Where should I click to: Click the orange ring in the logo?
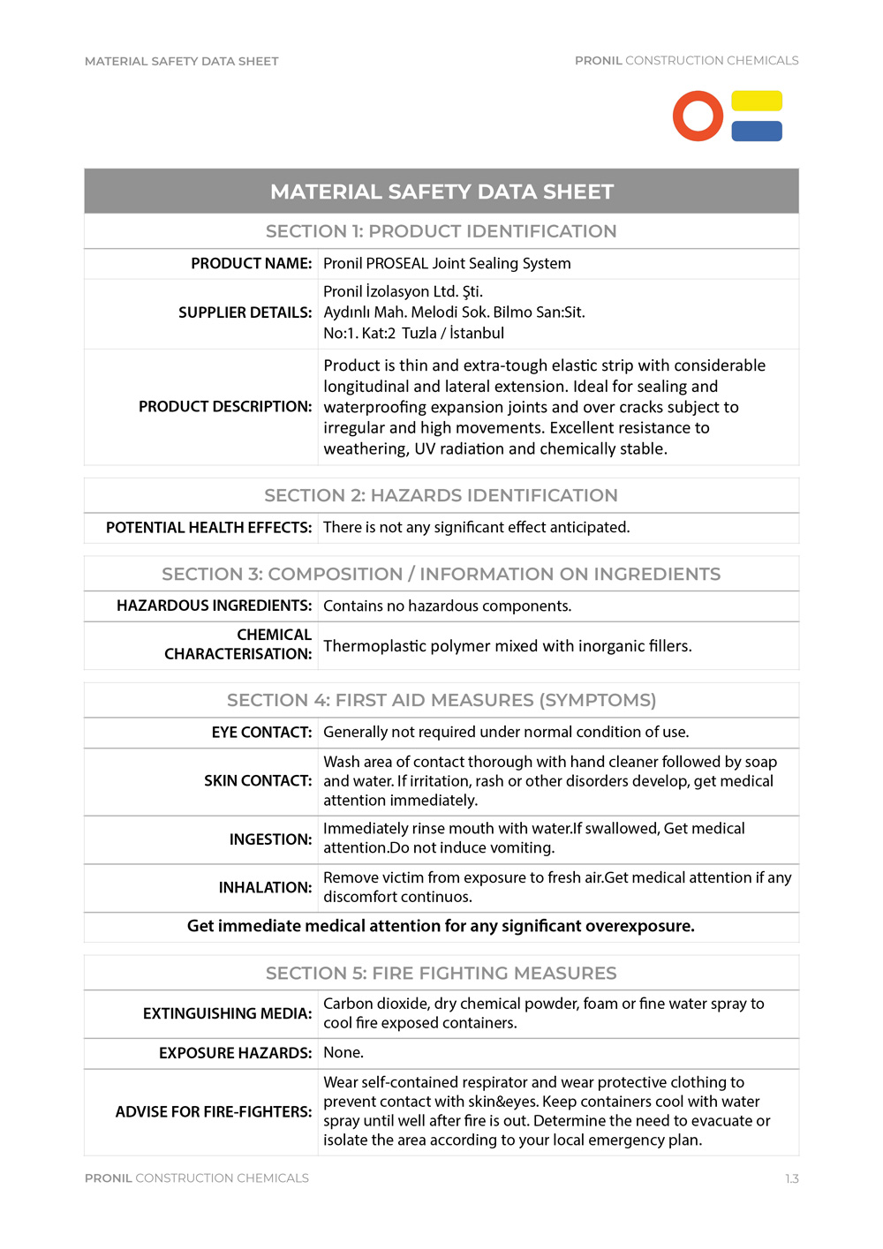[x=698, y=116]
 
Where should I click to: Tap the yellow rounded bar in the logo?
[x=757, y=101]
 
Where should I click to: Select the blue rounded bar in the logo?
[x=757, y=131]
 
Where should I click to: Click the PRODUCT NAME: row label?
[x=252, y=263]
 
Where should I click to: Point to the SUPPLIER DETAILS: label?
[x=245, y=312]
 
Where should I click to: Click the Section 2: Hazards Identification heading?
[x=441, y=495]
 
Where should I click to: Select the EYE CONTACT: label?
[x=261, y=732]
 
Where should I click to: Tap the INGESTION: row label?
[x=270, y=839]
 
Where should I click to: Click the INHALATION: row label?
[x=265, y=887]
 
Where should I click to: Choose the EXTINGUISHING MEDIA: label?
[x=227, y=1013]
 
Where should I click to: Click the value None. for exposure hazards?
[x=343, y=1052]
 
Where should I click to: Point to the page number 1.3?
[x=791, y=1178]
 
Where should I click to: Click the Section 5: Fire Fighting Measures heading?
[x=441, y=973]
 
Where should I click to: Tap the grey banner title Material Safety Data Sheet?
[x=441, y=192]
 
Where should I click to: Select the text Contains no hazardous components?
[x=447, y=606]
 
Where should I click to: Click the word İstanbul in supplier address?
[x=477, y=333]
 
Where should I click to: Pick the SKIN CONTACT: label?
[x=258, y=780]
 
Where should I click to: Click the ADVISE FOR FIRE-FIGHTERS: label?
[x=214, y=1111]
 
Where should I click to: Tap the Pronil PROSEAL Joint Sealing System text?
[x=447, y=263]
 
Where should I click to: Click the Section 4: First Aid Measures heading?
[x=441, y=700]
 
